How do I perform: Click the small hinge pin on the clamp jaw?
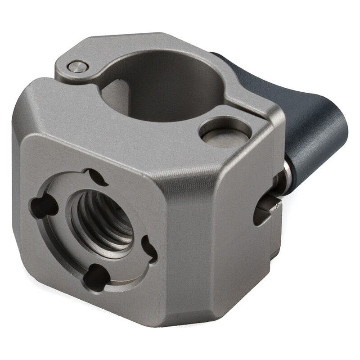pyautogui.click(x=77, y=67)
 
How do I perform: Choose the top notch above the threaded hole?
pyautogui.click(x=97, y=176)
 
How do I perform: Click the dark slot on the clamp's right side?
pyautogui.click(x=263, y=211)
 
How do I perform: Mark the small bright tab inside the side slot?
pyautogui.click(x=272, y=205)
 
